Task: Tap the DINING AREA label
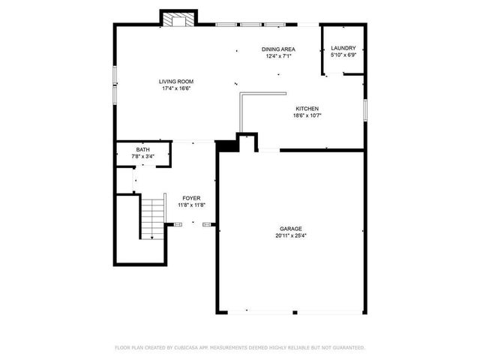tap(277, 49)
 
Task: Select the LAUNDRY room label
tap(343, 48)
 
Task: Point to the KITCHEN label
tap(307, 109)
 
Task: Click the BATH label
tap(142, 150)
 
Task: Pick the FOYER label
tap(191, 198)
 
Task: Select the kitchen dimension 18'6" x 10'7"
tap(307, 115)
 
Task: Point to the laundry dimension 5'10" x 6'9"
tap(343, 55)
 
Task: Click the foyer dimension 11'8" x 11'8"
tap(191, 205)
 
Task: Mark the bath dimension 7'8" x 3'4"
tap(142, 156)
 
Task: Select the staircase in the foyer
tap(153, 217)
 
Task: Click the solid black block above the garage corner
tap(227, 146)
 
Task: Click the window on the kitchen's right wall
tap(365, 109)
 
